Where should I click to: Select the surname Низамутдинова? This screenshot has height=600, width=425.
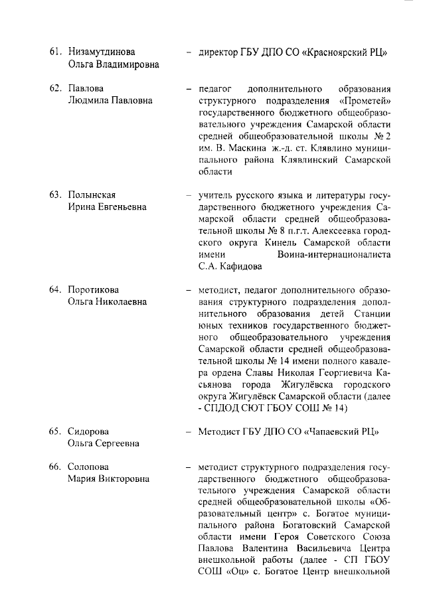(102, 52)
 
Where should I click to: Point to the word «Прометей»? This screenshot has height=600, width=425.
(364, 100)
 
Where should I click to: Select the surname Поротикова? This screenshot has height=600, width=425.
(95, 290)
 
